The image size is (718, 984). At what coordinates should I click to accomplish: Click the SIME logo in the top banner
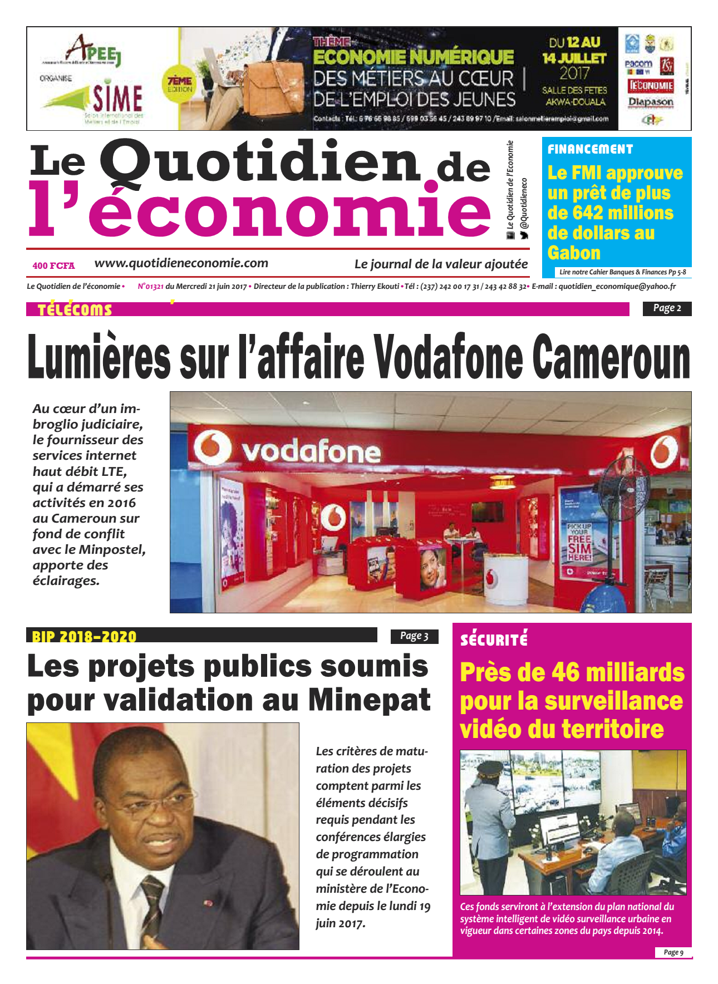(117, 99)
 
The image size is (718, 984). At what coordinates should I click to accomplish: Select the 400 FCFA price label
(53, 265)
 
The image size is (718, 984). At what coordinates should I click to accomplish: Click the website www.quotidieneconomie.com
(181, 263)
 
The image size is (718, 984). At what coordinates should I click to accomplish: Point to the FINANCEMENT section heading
(590, 149)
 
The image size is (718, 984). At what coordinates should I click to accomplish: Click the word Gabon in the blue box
(573, 253)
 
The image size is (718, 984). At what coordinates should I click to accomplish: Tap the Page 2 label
(667, 308)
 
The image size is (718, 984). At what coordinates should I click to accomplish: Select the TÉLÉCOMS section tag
(75, 310)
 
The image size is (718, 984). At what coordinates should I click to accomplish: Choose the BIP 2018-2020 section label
(84, 636)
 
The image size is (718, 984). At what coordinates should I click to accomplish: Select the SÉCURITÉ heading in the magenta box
(494, 639)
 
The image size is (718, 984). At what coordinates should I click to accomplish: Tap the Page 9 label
(673, 952)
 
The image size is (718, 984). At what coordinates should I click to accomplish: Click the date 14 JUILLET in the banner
(574, 57)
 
